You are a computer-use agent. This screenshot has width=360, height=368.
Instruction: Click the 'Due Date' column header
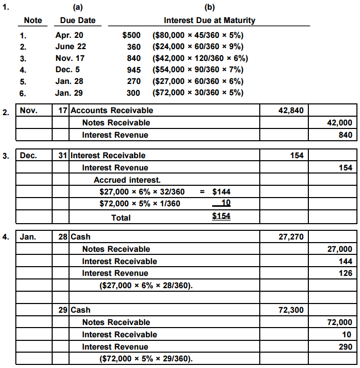(78, 21)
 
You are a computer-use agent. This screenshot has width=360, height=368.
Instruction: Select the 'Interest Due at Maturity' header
(209, 21)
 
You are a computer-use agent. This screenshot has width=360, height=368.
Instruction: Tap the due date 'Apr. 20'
(69, 36)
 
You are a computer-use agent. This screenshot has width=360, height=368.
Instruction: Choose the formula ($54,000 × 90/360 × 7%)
(198, 70)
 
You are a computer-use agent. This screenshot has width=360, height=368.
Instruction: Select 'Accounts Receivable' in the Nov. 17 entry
(111, 110)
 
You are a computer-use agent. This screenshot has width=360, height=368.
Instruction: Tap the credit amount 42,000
(339, 122)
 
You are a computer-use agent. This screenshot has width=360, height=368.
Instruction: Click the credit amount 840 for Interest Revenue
(345, 135)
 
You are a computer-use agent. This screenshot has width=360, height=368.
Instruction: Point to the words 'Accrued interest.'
(127, 180)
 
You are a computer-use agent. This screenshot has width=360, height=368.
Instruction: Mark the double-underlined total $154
(221, 217)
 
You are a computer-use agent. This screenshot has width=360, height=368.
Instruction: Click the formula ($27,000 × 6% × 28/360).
(146, 285)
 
